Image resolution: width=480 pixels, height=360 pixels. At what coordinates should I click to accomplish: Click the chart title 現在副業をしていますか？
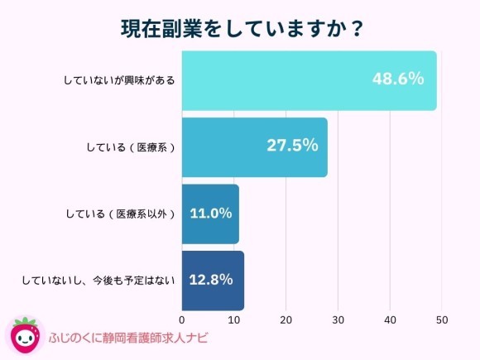click(240, 27)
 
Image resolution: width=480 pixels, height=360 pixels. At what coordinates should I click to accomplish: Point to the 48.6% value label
click(398, 79)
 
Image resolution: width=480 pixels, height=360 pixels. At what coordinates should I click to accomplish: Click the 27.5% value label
click(292, 146)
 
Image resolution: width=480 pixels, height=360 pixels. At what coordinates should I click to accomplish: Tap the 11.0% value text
click(210, 214)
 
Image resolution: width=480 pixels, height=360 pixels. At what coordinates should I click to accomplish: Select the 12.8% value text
click(211, 280)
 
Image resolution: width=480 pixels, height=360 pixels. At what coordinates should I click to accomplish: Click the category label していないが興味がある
click(119, 80)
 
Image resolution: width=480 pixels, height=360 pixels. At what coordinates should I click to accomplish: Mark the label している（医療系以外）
click(121, 214)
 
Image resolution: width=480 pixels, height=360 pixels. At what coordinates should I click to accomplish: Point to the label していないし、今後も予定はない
click(98, 281)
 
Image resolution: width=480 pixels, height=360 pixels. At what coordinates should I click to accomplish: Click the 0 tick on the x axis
click(182, 319)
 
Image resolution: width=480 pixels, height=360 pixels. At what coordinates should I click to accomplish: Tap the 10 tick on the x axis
click(234, 319)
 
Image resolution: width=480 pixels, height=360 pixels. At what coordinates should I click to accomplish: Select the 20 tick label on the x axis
click(286, 319)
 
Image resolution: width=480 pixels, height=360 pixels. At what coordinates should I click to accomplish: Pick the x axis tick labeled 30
click(338, 319)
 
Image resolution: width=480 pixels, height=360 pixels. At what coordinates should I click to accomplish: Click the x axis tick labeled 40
click(390, 319)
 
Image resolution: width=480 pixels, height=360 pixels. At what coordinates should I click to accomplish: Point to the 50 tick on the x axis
click(442, 319)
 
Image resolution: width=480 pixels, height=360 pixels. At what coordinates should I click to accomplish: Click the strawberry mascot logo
click(25, 335)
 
